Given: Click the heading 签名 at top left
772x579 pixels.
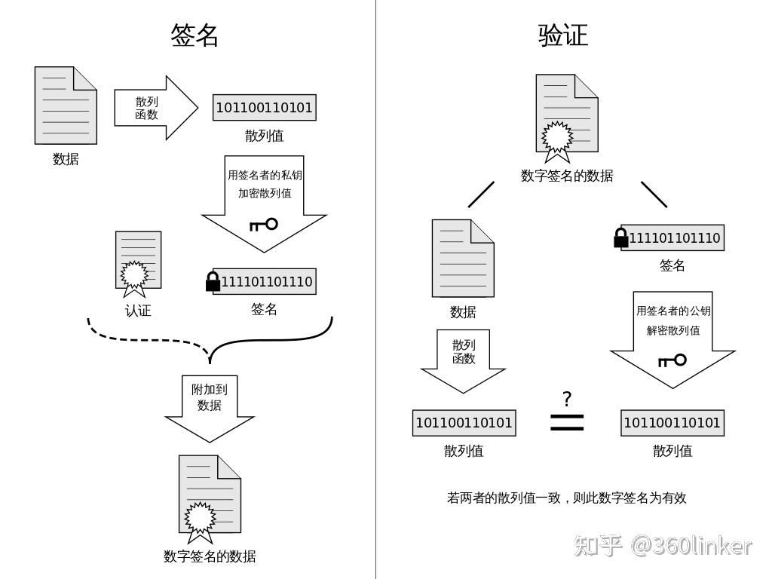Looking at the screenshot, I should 195,35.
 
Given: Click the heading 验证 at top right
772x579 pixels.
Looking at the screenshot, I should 563,35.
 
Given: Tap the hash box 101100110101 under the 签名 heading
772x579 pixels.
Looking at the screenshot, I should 264,108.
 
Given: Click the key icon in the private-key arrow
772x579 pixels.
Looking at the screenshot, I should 264,224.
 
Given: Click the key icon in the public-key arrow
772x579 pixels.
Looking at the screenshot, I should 672,360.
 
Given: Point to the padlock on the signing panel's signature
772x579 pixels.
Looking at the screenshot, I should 213,282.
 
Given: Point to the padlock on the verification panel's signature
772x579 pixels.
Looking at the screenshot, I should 621,238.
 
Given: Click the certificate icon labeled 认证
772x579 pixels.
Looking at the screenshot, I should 138,262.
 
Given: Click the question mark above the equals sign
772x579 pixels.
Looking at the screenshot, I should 567,399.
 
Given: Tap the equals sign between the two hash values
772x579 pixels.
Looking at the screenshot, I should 567,423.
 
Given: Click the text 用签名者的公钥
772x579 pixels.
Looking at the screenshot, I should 672,311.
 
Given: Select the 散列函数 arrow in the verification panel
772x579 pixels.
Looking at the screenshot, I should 464,359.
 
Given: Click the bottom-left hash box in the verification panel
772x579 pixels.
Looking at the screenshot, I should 464,423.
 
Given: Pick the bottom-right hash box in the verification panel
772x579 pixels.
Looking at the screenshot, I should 672,423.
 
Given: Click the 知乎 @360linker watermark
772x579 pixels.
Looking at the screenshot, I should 663,545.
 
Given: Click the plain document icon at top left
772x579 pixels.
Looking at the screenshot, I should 66,105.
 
